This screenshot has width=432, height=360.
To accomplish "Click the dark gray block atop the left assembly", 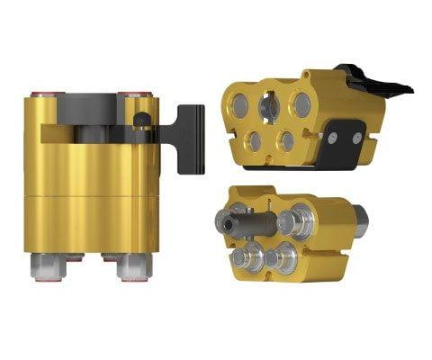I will (90, 106).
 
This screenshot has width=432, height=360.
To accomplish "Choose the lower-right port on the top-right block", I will (285, 140).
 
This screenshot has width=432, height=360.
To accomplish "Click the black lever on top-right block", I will (378, 83).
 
